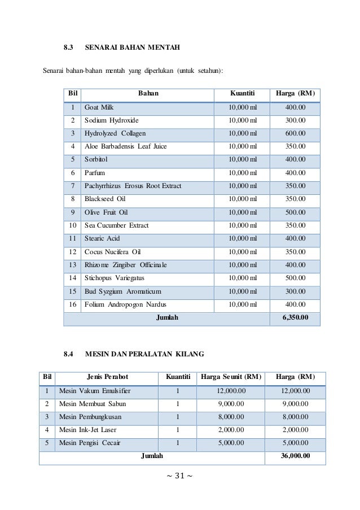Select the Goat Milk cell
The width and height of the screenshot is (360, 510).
(99, 107)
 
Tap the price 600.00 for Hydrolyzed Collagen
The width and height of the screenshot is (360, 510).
(295, 134)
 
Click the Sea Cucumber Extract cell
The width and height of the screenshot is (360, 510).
(116, 225)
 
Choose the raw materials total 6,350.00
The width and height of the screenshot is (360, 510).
(295, 317)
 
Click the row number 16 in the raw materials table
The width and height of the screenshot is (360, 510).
(72, 304)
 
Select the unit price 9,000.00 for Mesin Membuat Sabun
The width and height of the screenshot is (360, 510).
(231, 404)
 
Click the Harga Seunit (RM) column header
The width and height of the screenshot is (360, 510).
(231, 377)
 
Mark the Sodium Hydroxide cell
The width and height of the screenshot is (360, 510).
(111, 120)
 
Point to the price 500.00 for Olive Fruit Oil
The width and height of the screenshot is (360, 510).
(295, 212)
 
